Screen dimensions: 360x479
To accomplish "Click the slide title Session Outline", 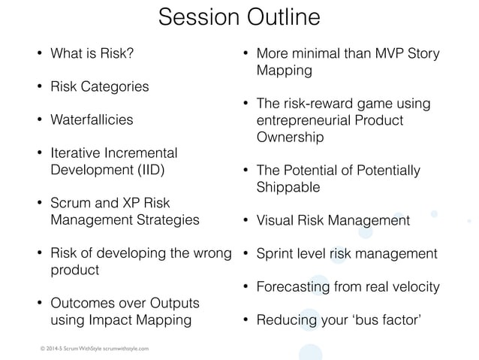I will point(239,18).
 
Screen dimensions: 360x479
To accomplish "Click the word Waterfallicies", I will point(92,119).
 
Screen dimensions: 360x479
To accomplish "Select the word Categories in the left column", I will point(115,86).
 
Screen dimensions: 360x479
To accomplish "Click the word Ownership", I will point(290,138).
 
